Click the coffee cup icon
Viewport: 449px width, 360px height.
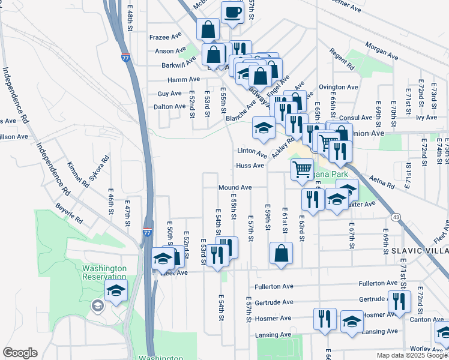[x=232, y=12]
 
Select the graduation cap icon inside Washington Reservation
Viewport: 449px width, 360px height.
[x=116, y=292]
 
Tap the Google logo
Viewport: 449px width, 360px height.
[x=20, y=353]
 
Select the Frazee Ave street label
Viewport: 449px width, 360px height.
[x=165, y=37]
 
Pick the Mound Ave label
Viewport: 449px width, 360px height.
[x=235, y=188]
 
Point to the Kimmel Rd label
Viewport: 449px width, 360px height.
[x=79, y=175]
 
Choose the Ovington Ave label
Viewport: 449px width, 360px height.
[x=339, y=87]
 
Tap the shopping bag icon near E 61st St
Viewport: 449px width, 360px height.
[x=281, y=253]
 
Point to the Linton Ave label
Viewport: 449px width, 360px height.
[x=252, y=151]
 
